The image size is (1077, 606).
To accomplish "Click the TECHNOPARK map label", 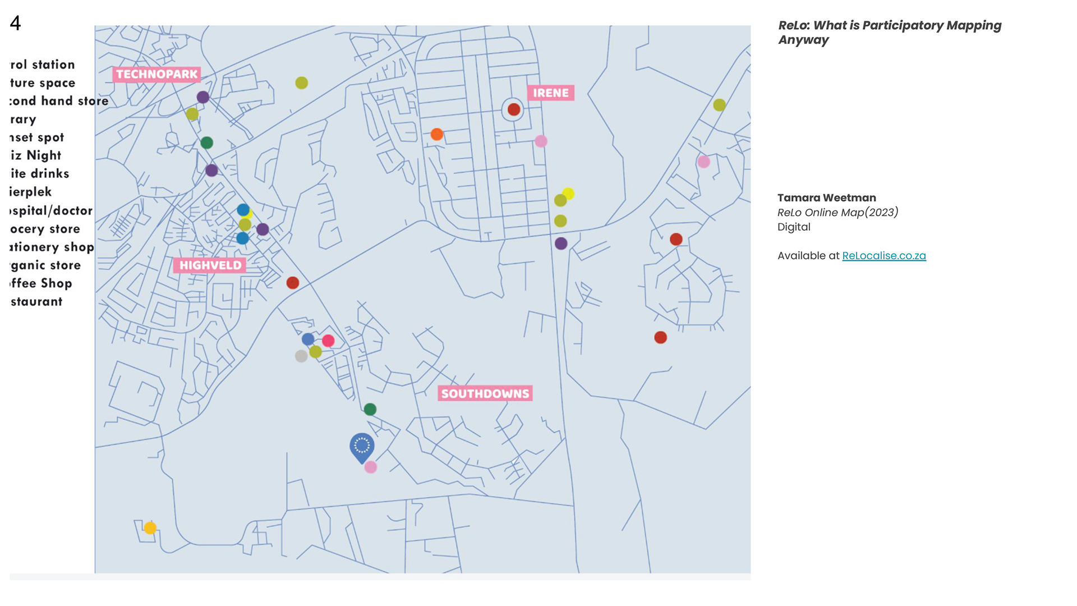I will (x=157, y=74).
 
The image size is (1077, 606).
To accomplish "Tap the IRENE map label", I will (x=550, y=93).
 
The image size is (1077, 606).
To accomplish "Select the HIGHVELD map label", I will (x=210, y=265).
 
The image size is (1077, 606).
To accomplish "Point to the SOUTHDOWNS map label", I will (x=485, y=393).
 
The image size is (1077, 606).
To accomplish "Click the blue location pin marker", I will (x=362, y=447).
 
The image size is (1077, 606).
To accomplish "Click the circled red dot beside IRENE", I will (x=513, y=109).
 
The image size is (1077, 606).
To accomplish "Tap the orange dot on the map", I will (x=436, y=134).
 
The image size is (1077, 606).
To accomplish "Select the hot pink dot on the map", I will (x=328, y=341).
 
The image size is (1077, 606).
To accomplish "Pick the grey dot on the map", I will (x=301, y=356).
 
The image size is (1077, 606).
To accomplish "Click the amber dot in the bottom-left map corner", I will (x=150, y=528).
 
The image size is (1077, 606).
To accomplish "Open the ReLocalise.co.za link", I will (x=883, y=256).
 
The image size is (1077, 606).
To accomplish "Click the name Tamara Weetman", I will (x=826, y=198).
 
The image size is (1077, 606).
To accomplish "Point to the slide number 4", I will (x=15, y=23).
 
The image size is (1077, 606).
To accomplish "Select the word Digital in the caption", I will (x=794, y=227).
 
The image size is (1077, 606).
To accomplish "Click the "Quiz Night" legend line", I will (x=36, y=155).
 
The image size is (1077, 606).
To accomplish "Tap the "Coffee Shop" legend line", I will (x=41, y=283).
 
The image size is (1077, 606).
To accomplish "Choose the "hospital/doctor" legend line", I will (x=51, y=210).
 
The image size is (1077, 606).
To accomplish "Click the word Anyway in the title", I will (x=803, y=40).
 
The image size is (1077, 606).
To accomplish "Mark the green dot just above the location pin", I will (x=370, y=410).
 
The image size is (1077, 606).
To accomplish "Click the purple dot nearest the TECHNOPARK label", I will (x=203, y=97).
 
